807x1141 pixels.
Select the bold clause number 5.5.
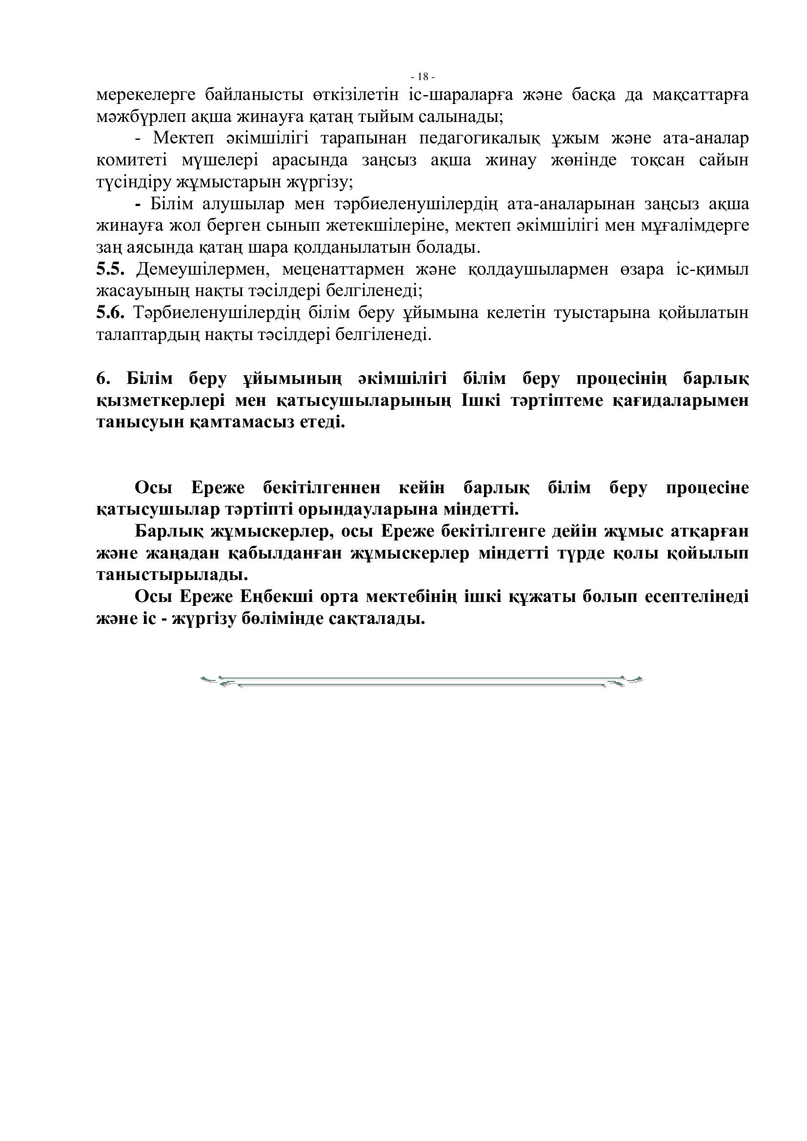[110, 269]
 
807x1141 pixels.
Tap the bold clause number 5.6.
[110, 313]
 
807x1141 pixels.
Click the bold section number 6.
[102, 379]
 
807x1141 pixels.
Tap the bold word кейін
[422, 488]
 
